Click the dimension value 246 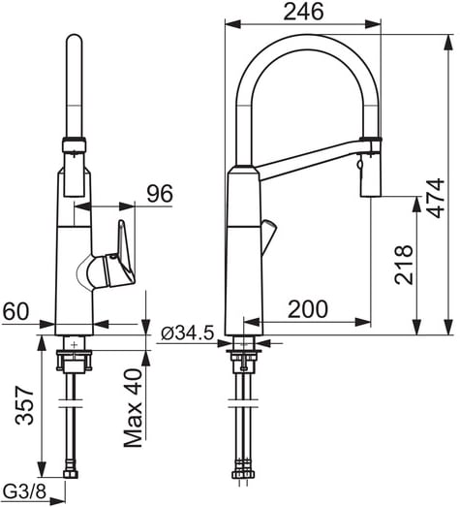click(x=303, y=12)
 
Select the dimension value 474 click(x=435, y=198)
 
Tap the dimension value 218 click(x=404, y=265)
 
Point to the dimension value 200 click(x=308, y=309)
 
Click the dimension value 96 click(x=160, y=194)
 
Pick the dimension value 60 click(x=15, y=311)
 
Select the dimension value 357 click(x=24, y=405)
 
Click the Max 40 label click(x=133, y=408)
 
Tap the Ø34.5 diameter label click(x=187, y=333)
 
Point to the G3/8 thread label click(x=24, y=491)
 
